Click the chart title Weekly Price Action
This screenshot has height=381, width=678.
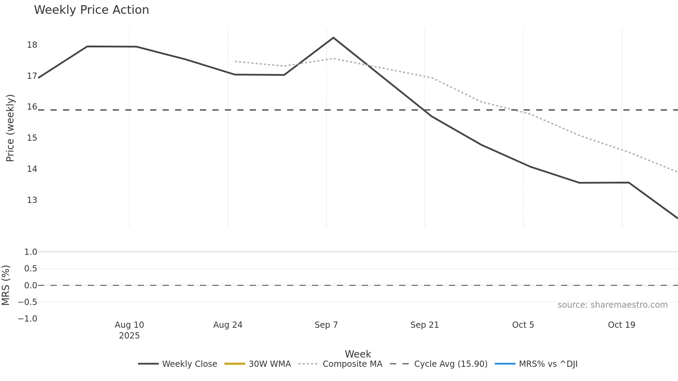point(91,10)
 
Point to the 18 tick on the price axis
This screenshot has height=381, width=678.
point(32,45)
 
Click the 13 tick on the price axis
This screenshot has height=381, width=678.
point(32,200)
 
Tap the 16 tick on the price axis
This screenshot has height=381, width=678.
point(32,107)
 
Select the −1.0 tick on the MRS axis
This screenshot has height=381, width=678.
point(28,319)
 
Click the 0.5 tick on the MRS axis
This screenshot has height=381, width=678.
point(30,269)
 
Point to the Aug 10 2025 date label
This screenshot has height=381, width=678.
point(129,330)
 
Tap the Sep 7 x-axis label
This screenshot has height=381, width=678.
point(326,325)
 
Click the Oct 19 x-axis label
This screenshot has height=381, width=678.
point(621,325)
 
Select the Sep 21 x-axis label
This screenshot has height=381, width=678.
point(424,325)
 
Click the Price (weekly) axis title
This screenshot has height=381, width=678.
point(10,128)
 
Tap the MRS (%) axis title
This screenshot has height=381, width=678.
point(6,285)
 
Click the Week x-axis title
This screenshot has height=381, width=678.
point(358,354)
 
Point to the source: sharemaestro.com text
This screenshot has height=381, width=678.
point(612,305)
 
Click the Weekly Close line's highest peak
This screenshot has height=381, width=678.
point(333,38)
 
